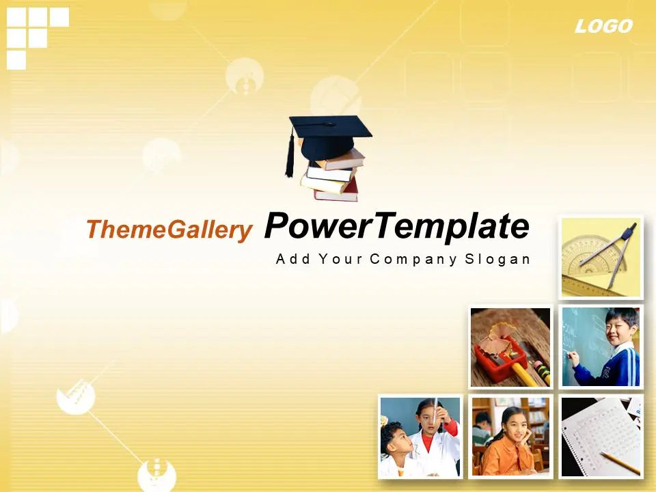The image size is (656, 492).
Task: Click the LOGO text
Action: [603, 27]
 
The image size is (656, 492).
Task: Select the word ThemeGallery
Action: [169, 230]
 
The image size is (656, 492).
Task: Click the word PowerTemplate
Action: [396, 226]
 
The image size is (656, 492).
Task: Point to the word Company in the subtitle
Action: [413, 260]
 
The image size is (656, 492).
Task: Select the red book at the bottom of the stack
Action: [337, 191]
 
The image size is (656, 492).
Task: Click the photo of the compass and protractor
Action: [601, 258]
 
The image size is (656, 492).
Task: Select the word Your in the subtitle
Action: [340, 259]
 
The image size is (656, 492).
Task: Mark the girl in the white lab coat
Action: [435, 439]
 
